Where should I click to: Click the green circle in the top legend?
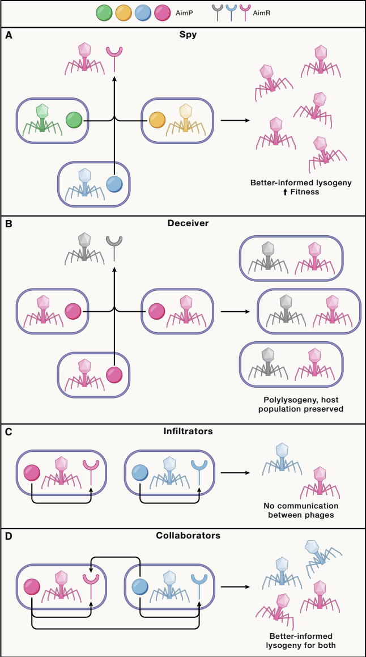[x=104, y=14]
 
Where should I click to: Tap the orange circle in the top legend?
[x=123, y=14]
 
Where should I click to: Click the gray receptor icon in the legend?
[x=218, y=13]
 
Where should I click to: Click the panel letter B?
[x=8, y=224]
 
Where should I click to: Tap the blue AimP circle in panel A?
[x=114, y=184]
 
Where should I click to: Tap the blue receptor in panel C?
[x=199, y=472]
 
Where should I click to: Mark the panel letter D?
[x=8, y=536]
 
